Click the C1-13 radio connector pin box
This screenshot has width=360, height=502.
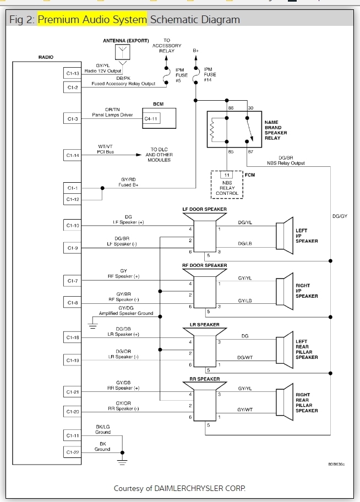73,73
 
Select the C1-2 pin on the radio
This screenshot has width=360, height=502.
73,87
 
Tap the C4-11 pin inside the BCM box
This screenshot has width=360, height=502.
152,118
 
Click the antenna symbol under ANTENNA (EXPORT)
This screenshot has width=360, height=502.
122,53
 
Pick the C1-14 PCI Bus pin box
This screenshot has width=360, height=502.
73,156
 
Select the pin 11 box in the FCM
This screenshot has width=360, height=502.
226,176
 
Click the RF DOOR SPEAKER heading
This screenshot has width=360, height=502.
204,265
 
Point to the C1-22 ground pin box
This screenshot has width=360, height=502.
73,452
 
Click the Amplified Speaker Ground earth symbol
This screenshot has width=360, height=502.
93,325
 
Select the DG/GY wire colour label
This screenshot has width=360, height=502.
340,216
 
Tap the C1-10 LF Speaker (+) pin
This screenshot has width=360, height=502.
73,225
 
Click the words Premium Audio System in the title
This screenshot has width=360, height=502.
92,19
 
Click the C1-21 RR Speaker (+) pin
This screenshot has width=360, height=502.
73,392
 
